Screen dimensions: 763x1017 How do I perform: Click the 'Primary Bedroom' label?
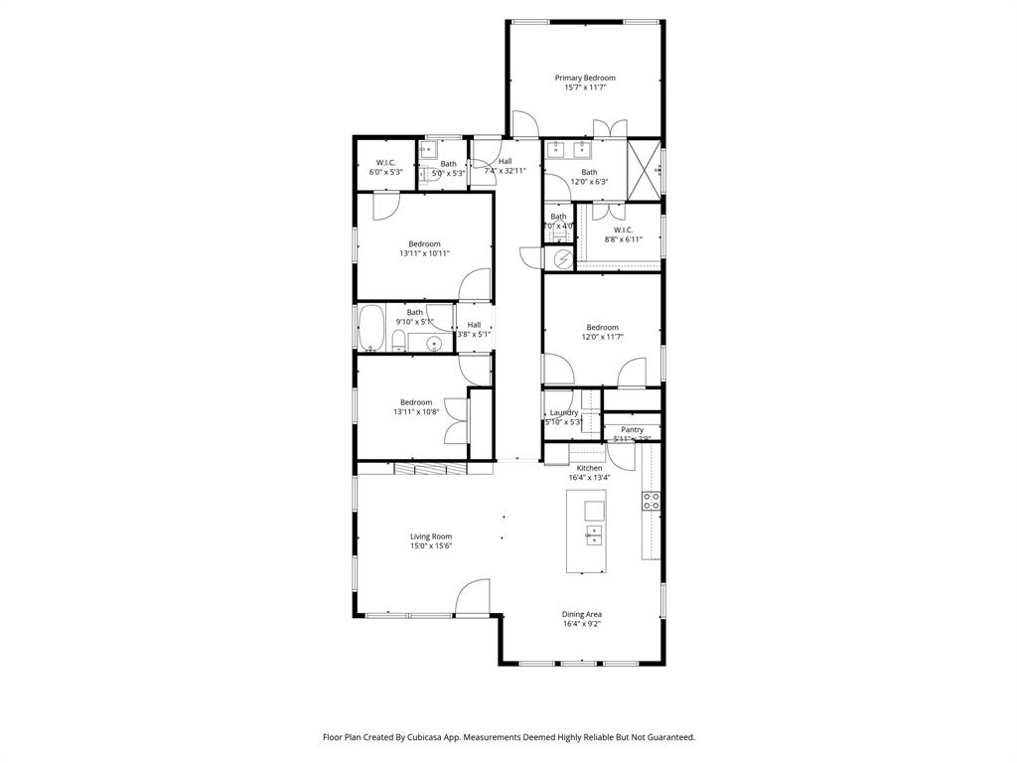(585, 77)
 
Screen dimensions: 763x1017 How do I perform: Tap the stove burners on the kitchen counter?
(652, 501)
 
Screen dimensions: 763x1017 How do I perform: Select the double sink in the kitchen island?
(593, 536)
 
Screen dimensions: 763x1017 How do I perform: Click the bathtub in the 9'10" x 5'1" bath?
(371, 329)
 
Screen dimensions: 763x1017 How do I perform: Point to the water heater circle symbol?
(563, 258)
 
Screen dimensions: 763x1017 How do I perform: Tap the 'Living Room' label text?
(431, 536)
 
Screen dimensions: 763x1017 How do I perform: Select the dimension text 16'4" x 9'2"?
(582, 624)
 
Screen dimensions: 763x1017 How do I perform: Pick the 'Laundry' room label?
(564, 412)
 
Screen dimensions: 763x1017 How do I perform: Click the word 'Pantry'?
(632, 429)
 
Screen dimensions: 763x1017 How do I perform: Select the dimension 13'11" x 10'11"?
(424, 253)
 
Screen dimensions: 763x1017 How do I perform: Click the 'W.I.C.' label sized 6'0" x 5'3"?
(385, 163)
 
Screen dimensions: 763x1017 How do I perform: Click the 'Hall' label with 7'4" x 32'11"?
(506, 161)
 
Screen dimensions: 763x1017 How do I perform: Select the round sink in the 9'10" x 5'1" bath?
(433, 344)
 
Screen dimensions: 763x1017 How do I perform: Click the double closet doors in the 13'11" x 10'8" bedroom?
(455, 418)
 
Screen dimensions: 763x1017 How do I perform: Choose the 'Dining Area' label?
(582, 614)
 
